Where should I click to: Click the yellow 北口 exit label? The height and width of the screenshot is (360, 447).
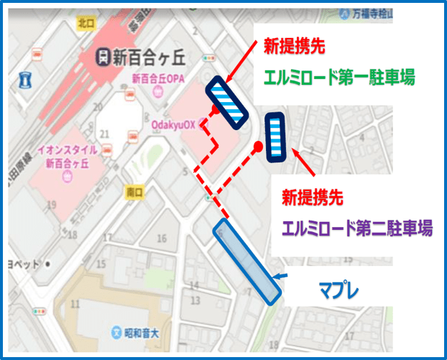[86, 24]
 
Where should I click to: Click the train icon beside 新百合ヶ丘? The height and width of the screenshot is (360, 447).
[103, 56]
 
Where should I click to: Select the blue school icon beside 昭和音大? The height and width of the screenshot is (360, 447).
[116, 332]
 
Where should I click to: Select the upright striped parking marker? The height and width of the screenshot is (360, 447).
[276, 137]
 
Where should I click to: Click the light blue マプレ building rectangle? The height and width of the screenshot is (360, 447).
[246, 261]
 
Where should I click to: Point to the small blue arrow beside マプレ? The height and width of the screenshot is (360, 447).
[282, 279]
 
